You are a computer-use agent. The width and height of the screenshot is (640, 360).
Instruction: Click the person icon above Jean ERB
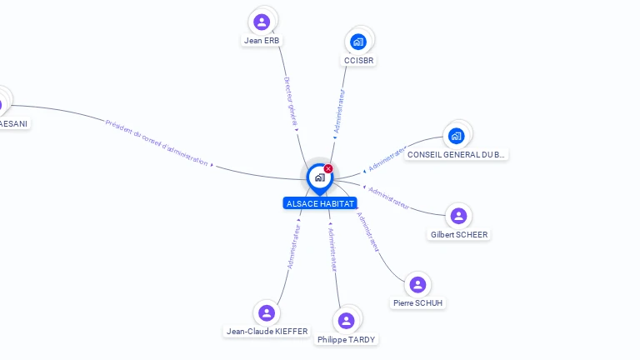(262, 22)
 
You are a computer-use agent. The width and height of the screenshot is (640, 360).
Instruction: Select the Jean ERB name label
(262, 40)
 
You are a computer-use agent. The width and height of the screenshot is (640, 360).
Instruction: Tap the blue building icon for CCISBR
(358, 42)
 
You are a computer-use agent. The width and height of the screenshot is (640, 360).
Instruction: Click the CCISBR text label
(359, 60)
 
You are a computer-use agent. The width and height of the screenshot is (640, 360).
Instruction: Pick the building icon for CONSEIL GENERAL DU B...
(456, 136)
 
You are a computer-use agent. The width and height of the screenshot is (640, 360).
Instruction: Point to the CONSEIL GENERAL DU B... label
(456, 155)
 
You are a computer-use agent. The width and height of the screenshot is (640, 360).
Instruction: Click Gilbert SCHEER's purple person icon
(458, 216)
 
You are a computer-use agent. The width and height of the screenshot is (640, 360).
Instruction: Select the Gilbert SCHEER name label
(459, 235)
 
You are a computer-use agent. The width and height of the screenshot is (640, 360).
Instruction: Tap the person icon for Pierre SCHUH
(417, 285)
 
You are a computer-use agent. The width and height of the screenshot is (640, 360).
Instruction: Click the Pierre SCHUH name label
(417, 303)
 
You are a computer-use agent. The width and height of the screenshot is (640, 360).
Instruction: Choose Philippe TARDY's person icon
(346, 321)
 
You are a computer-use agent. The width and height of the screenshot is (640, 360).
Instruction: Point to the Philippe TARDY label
(346, 340)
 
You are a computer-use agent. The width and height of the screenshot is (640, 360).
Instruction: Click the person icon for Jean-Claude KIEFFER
(267, 312)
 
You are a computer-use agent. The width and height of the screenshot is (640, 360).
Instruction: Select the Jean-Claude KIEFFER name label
(267, 332)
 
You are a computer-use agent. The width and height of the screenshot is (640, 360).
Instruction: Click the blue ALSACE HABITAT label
(320, 203)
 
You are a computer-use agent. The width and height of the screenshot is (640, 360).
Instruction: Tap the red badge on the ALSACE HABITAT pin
(328, 168)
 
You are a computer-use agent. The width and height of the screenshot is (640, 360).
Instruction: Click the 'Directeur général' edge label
(290, 101)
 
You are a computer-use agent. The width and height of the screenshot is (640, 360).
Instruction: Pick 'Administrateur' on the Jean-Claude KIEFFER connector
(293, 245)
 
